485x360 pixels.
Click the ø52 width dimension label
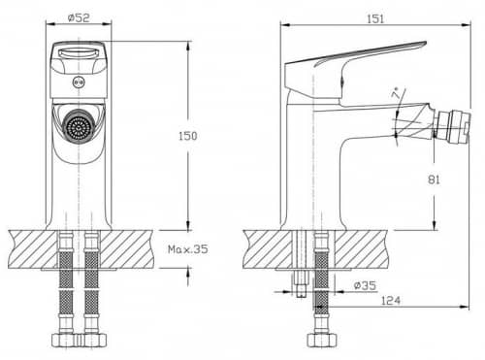click(79, 17)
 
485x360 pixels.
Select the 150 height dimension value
click(188, 136)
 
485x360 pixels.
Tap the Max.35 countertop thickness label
click(188, 249)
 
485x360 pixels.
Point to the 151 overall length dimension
click(375, 18)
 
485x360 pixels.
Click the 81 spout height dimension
click(434, 180)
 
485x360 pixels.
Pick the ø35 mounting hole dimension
click(365, 285)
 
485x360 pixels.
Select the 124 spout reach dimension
click(391, 301)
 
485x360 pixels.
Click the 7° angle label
click(395, 93)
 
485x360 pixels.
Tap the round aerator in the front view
click(78, 126)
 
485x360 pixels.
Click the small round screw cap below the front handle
click(79, 82)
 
